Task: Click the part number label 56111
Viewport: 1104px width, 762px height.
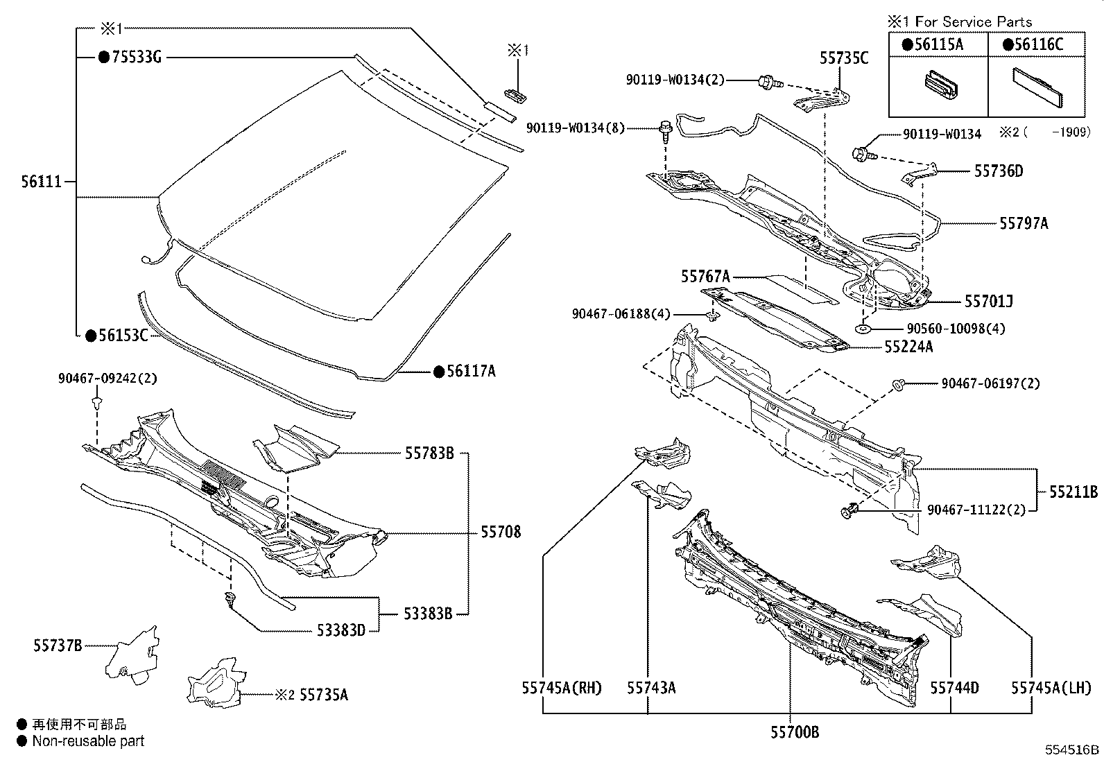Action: tap(42, 182)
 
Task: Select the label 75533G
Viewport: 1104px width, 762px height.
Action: tap(136, 58)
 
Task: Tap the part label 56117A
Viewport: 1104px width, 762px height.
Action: tap(470, 372)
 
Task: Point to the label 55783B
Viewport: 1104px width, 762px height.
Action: tap(429, 453)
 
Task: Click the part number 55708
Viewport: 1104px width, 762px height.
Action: tap(501, 532)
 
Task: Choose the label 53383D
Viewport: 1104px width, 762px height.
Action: tap(340, 630)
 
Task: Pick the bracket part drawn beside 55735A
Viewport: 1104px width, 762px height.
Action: tap(214, 681)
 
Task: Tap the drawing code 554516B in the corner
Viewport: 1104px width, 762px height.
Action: tap(1073, 750)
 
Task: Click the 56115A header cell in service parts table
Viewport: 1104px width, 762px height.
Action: tap(938, 44)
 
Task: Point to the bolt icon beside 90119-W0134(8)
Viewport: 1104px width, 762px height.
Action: tap(665, 130)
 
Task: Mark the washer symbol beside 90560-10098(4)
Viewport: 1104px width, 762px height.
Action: tap(863, 329)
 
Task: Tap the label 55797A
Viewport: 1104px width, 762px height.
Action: tap(1024, 223)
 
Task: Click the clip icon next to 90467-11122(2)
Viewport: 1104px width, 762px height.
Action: tap(849, 512)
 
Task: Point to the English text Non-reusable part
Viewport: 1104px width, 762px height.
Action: tap(89, 741)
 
